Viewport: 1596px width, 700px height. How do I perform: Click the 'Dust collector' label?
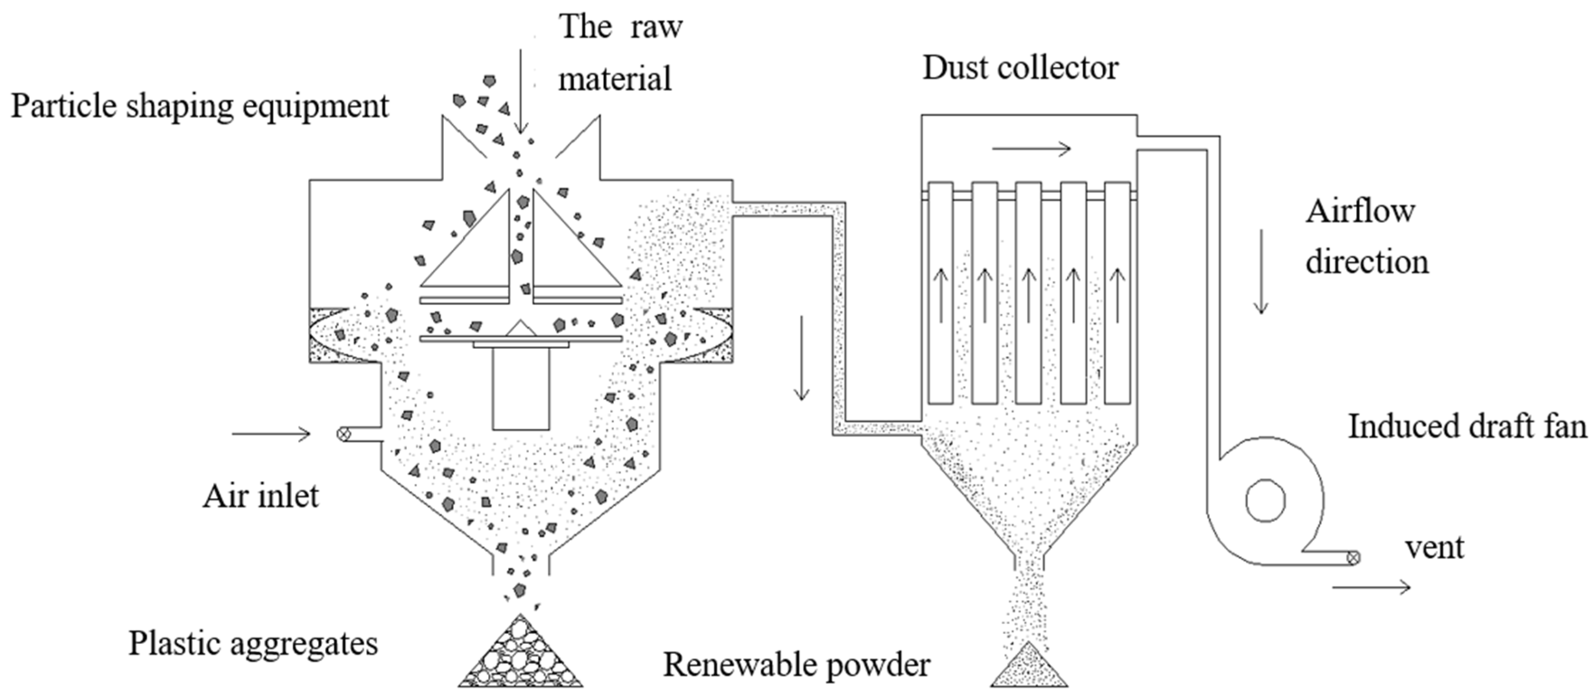click(x=1021, y=68)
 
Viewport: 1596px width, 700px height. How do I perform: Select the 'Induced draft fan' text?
click(x=1468, y=427)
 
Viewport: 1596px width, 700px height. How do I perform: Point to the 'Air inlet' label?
click(x=260, y=496)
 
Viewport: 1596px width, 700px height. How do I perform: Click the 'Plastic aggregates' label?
click(x=253, y=643)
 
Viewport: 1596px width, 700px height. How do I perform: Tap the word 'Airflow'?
click(x=1361, y=212)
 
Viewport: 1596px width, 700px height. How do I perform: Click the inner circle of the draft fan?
click(x=1265, y=501)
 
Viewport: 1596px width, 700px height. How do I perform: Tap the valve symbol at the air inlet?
click(x=343, y=434)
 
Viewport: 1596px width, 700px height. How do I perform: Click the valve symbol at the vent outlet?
click(x=1354, y=558)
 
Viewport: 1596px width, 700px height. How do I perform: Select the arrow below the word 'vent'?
click(x=1371, y=587)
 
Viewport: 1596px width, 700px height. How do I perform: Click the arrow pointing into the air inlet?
click(x=271, y=434)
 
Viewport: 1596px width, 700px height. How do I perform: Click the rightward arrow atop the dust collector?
click(x=1031, y=149)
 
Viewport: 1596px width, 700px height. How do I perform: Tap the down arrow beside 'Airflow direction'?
click(x=1261, y=271)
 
